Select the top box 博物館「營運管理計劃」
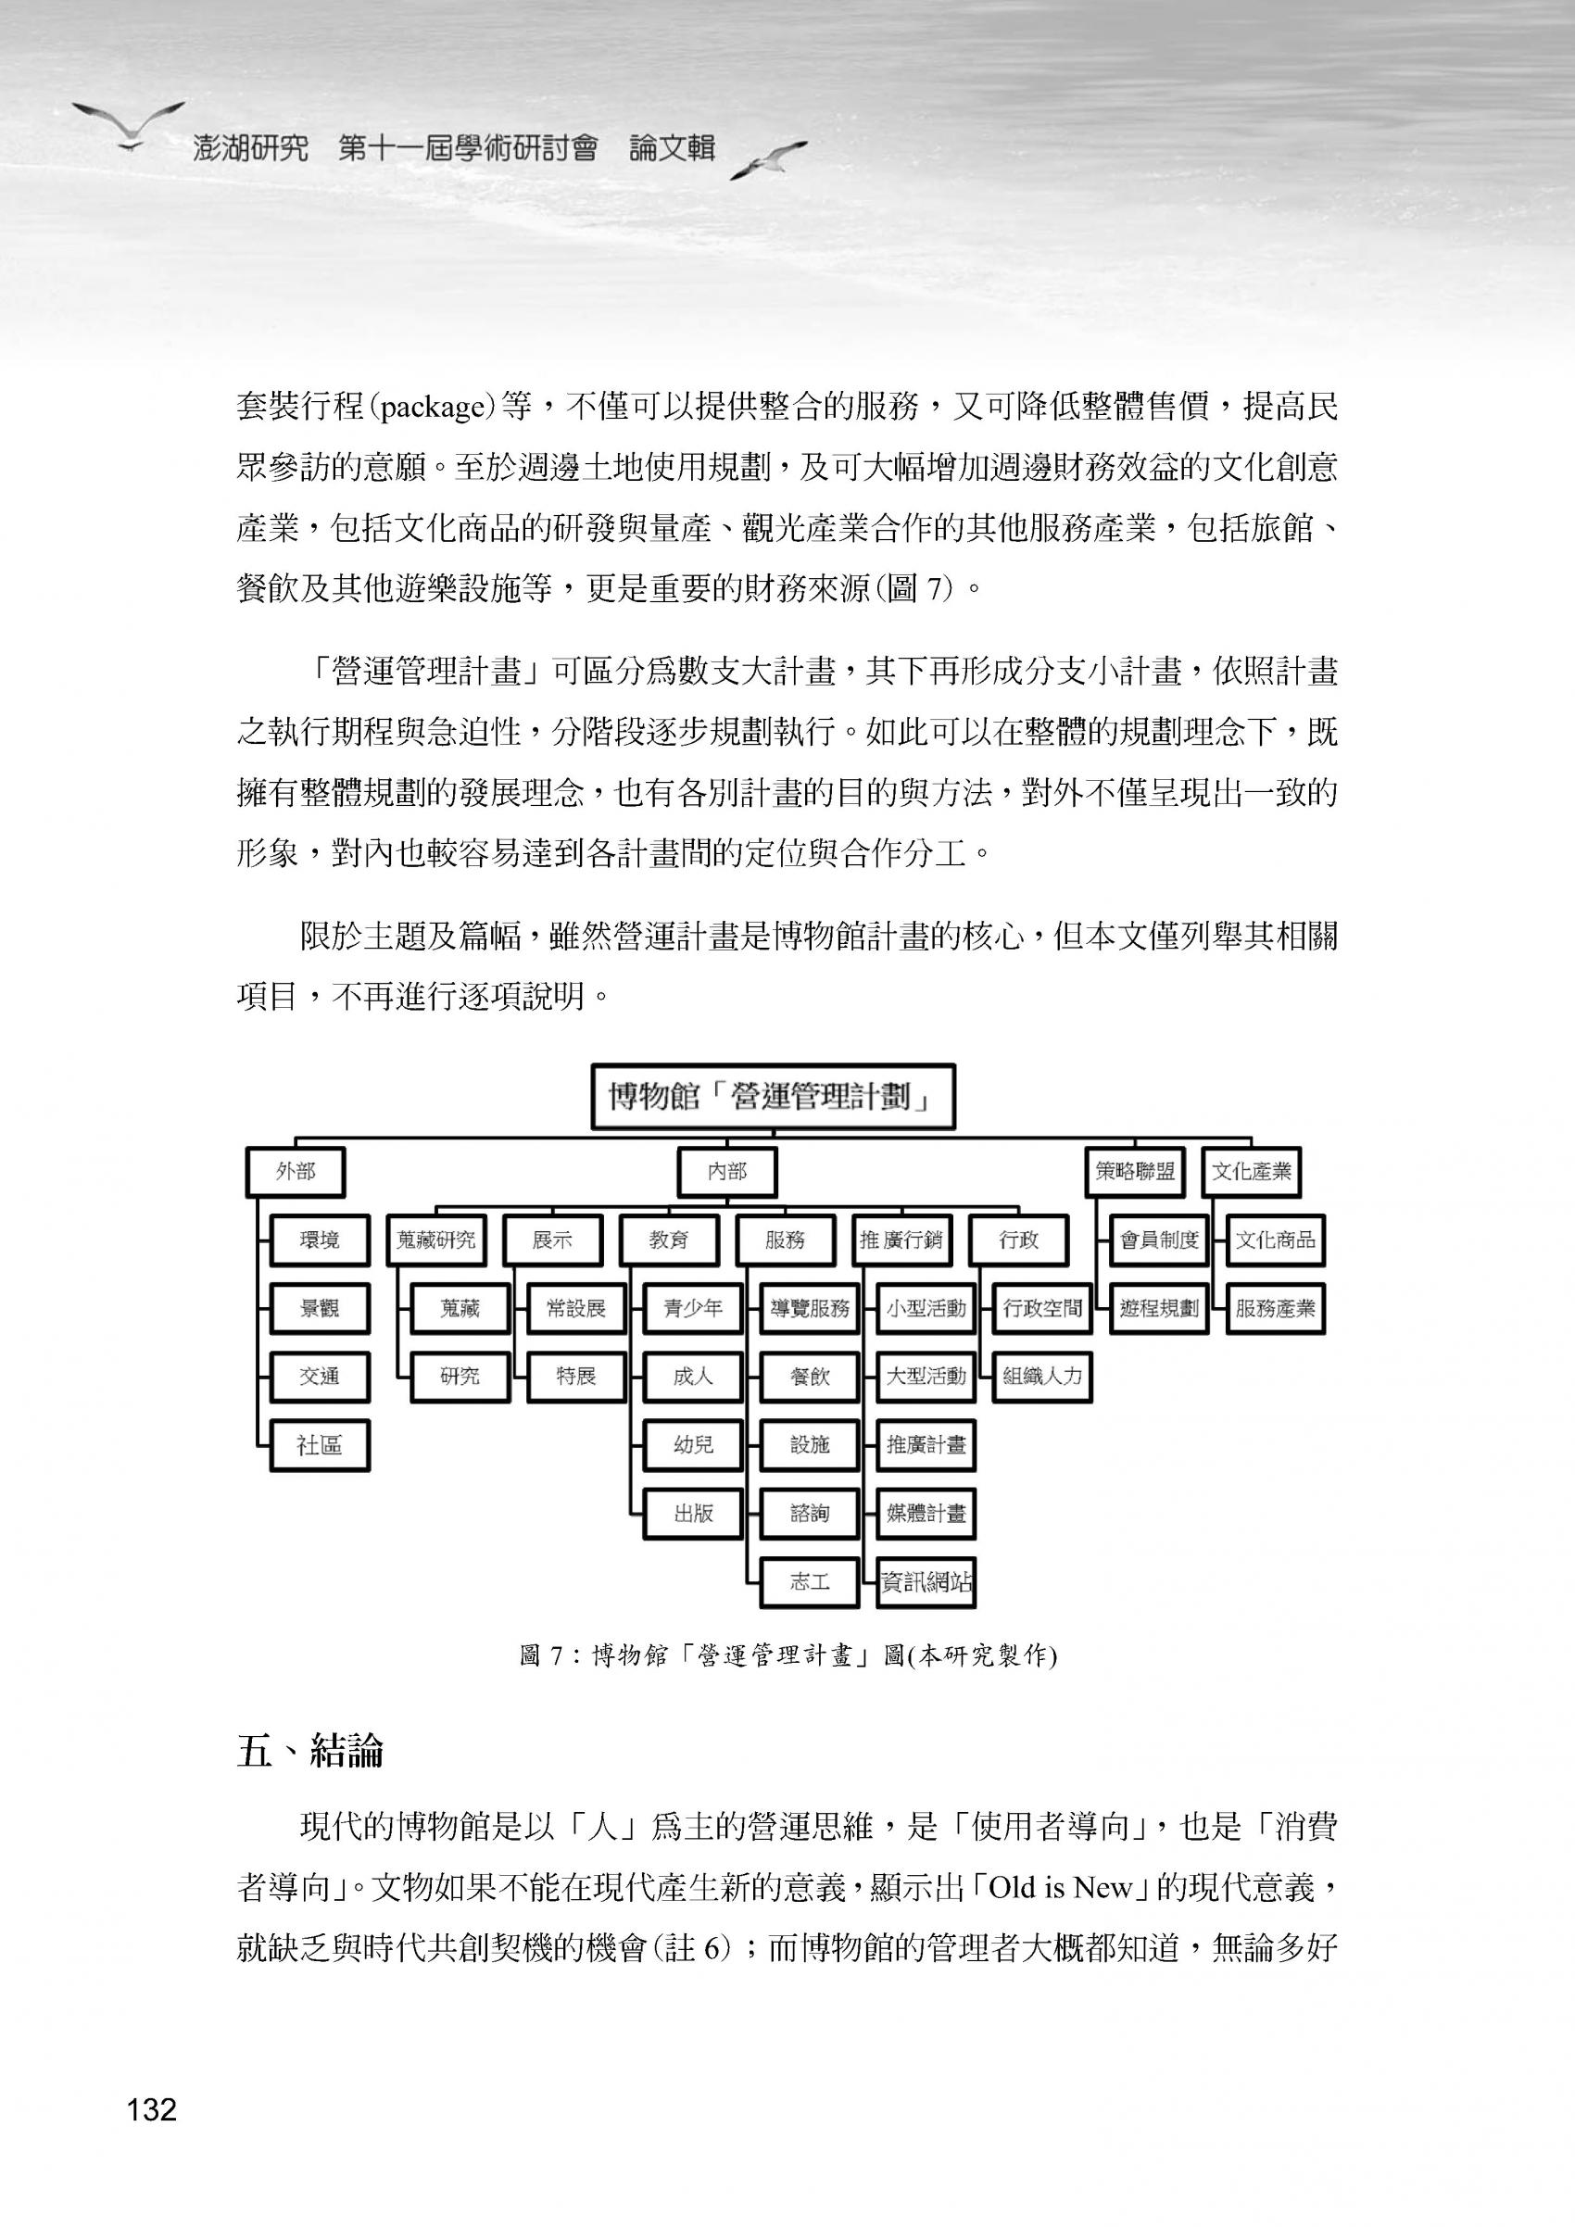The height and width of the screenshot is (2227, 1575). [773, 1097]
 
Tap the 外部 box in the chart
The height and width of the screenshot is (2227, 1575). [296, 1172]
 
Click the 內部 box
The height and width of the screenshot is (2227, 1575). [727, 1172]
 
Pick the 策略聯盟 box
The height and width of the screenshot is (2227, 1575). [1135, 1172]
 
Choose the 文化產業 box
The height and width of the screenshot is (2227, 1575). [1251, 1172]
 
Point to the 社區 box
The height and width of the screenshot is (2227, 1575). [319, 1445]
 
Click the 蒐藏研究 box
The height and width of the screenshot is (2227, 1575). [436, 1239]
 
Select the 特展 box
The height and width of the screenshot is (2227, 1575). [576, 1377]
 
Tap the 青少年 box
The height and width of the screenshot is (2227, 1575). [692, 1308]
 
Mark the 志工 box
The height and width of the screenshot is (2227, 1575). [810, 1582]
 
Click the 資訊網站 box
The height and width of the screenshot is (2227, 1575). [926, 1582]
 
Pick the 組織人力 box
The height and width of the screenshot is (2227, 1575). [1042, 1377]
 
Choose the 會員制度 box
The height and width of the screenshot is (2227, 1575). [1159, 1239]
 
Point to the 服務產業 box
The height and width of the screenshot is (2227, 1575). [1274, 1308]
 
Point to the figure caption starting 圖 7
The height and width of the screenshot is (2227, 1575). [787, 1655]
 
